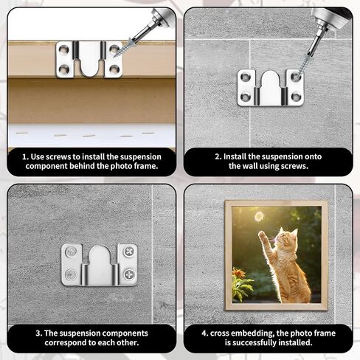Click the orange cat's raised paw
coord(262,235)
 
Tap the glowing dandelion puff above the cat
coord(259,216)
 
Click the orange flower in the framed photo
coord(238,273)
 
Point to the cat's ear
coord(294,232)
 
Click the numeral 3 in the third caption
coord(38,333)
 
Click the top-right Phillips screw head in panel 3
coord(129,252)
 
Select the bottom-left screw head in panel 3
coord(71,274)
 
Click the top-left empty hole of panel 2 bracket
coord(245,77)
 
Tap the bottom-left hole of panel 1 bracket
coord(63,69)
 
